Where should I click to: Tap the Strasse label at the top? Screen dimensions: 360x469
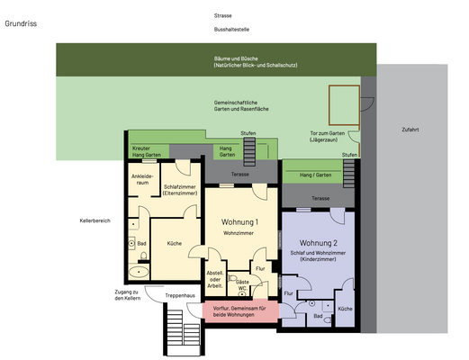pos(222,15)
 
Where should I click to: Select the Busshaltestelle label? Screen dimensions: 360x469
pos(225,30)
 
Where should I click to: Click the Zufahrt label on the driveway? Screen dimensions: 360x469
pos(410,129)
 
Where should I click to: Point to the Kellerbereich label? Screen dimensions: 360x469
pos(94,220)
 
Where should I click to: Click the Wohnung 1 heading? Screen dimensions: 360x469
pos(239,221)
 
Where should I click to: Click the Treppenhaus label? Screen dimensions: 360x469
pos(180,295)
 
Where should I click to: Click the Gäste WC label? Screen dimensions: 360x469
pos(242,285)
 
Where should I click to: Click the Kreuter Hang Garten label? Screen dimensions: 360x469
pos(145,151)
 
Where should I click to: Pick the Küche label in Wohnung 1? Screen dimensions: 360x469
pos(175,243)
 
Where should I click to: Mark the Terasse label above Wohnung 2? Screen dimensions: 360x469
pos(320,197)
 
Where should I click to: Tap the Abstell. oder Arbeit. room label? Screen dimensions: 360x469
pos(215,277)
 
